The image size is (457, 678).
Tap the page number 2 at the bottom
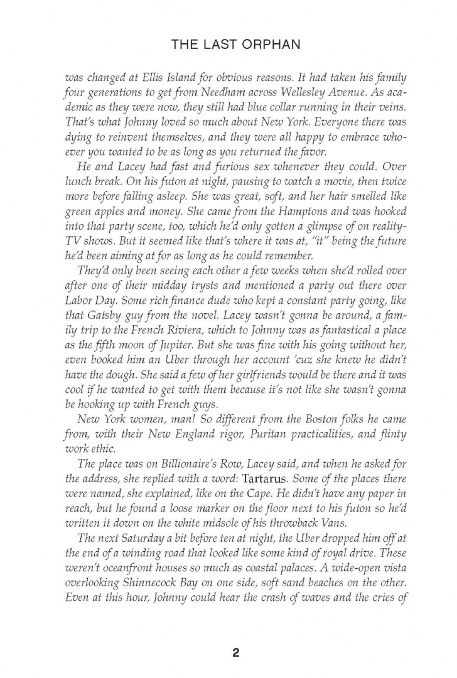[x=235, y=635]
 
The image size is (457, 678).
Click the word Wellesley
[x=294, y=96]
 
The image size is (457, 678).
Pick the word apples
[x=105, y=240]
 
